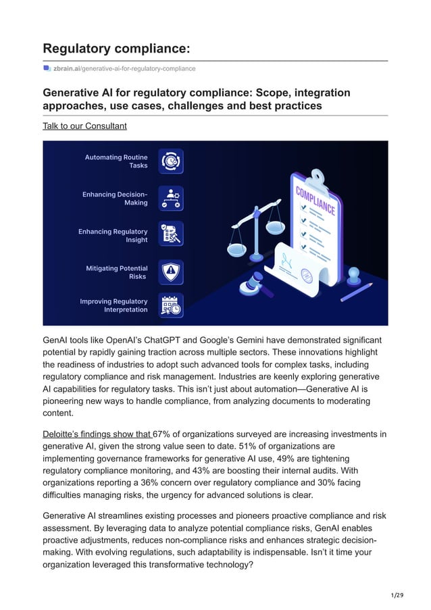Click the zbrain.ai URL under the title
pos(124,68)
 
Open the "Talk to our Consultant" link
pos(84,126)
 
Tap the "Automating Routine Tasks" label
pos(116,161)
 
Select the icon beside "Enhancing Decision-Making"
pos(171,199)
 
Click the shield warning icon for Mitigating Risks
pos(171,272)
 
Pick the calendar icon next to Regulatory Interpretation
pos(171,305)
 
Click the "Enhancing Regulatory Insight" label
pos(113,236)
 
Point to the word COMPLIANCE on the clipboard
pos(315,201)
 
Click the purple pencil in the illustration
pos(357,292)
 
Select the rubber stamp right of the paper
pos(353,276)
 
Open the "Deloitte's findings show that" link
pos(97,434)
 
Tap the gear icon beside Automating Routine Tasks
pos(171,161)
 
